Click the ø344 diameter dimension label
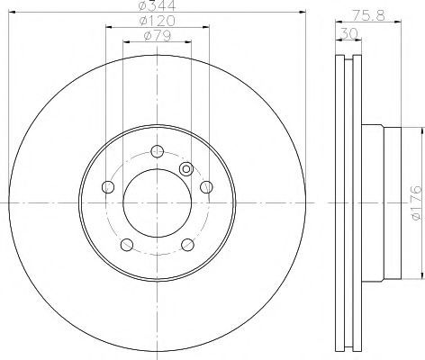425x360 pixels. pos(158,5)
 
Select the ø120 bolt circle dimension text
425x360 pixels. pos(158,21)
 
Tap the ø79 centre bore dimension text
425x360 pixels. pos(158,36)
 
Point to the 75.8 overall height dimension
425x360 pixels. pos(368,15)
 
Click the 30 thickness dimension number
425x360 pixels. pos(348,33)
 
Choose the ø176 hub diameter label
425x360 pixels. pos(417,202)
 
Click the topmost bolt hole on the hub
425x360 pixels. pos(157,151)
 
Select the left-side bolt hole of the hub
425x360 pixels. pos(108,187)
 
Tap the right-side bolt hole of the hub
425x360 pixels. pos(206,187)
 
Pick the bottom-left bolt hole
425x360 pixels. pos(127,245)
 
